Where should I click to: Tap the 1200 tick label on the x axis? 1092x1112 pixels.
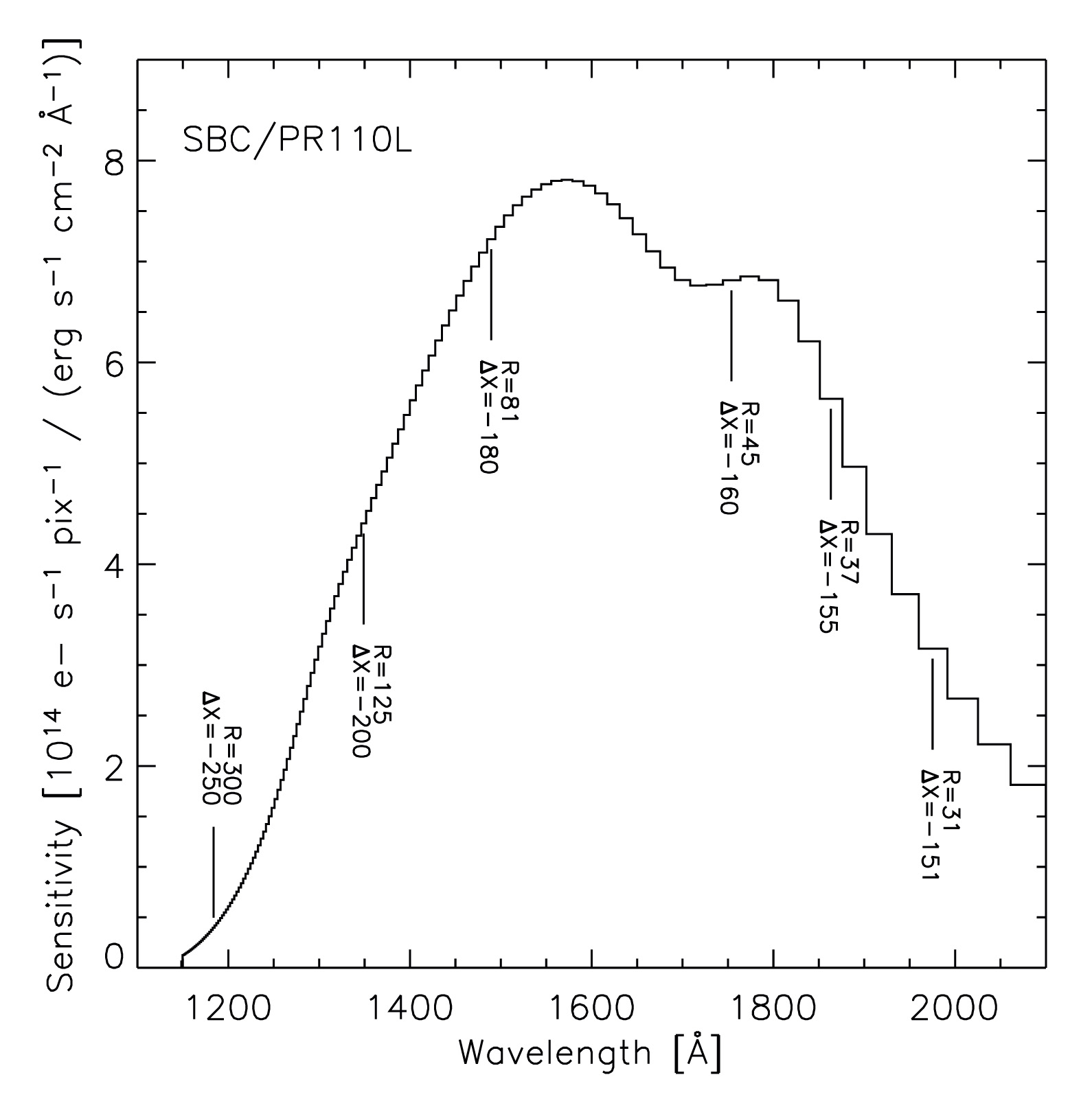[227, 1007]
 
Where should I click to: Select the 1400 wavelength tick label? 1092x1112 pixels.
[409, 1007]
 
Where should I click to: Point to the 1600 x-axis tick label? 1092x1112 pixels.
[591, 1007]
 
